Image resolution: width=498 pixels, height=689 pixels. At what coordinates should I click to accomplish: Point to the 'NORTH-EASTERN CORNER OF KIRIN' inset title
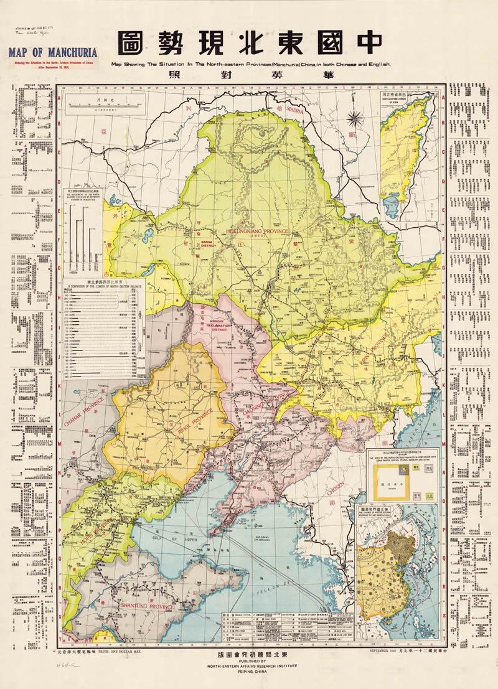[x=398, y=99]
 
